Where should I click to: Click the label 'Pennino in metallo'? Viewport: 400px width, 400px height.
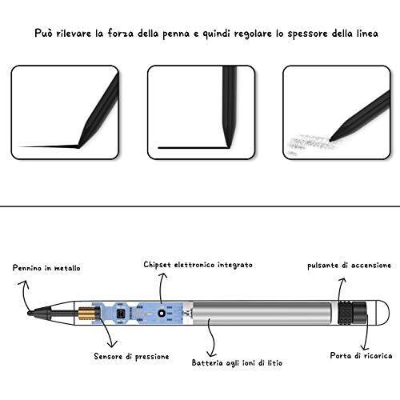click(46, 268)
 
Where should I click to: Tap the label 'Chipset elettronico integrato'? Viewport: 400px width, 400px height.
click(198, 265)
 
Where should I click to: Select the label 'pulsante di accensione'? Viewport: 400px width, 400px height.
click(350, 266)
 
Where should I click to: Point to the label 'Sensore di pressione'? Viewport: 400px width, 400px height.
click(131, 357)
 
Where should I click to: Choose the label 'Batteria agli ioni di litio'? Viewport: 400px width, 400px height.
click(237, 362)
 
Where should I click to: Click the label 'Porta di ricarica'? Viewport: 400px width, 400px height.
click(361, 355)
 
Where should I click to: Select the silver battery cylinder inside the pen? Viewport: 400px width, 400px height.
click(262, 313)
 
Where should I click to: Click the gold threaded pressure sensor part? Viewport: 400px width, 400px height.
click(86, 313)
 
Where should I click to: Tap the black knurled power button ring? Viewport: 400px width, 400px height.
click(345, 313)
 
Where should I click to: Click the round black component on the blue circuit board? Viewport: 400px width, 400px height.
click(161, 314)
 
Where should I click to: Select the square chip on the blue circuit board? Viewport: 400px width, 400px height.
click(121, 314)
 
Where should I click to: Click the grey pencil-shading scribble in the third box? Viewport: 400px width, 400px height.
click(310, 142)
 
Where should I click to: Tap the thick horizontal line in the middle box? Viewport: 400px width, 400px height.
click(194, 147)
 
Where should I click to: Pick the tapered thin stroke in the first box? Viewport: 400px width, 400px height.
click(48, 146)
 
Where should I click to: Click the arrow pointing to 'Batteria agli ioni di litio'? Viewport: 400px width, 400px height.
click(213, 338)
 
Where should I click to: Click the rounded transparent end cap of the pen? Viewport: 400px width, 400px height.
click(383, 313)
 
